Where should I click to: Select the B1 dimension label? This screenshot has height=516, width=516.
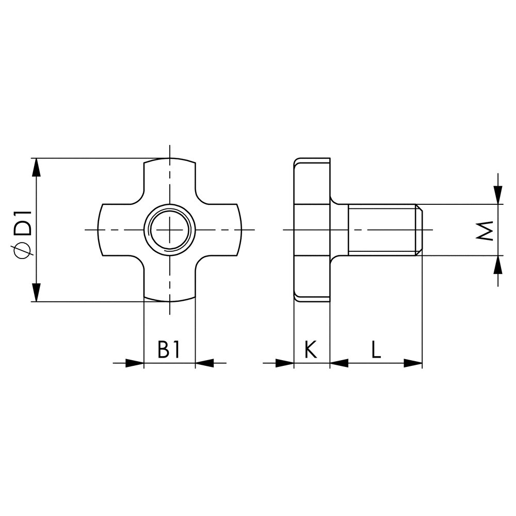coord(169,349)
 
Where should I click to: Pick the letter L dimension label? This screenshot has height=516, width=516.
coord(376,349)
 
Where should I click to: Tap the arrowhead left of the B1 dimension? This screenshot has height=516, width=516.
coord(135,363)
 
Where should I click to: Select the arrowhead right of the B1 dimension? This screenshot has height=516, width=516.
coord(205,363)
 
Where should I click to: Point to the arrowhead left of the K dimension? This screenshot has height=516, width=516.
coord(284,363)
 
